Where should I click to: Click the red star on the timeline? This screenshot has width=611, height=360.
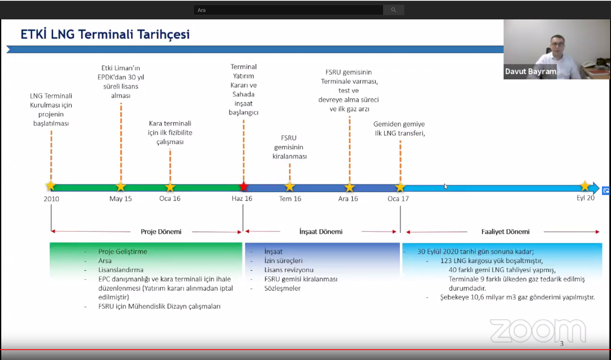click(x=243, y=187)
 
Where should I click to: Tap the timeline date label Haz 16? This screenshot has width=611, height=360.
click(x=242, y=198)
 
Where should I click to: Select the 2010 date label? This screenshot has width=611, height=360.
click(x=51, y=199)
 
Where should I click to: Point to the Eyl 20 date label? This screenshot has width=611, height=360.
click(x=585, y=198)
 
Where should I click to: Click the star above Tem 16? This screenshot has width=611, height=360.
click(x=290, y=187)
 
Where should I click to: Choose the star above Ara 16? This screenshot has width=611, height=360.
click(x=350, y=187)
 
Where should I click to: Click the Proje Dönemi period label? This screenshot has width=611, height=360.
click(x=161, y=231)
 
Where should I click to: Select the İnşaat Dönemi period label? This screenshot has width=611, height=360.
click(x=321, y=231)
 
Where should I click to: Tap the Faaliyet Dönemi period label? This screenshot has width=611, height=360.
click(x=505, y=231)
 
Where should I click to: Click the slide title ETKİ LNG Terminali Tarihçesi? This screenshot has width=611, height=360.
click(x=105, y=34)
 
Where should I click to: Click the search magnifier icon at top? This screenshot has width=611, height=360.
click(x=393, y=10)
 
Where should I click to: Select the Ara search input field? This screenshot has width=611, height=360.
click(x=288, y=10)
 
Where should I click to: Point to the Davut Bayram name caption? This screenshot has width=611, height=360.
click(x=531, y=71)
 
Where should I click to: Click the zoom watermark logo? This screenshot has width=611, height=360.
click(x=538, y=331)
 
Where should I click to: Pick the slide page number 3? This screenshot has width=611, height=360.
click(x=562, y=344)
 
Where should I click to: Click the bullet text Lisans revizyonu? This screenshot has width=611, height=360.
click(x=289, y=270)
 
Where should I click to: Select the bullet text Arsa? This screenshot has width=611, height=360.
click(x=105, y=261)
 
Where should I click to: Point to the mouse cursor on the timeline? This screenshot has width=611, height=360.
click(x=445, y=186)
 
